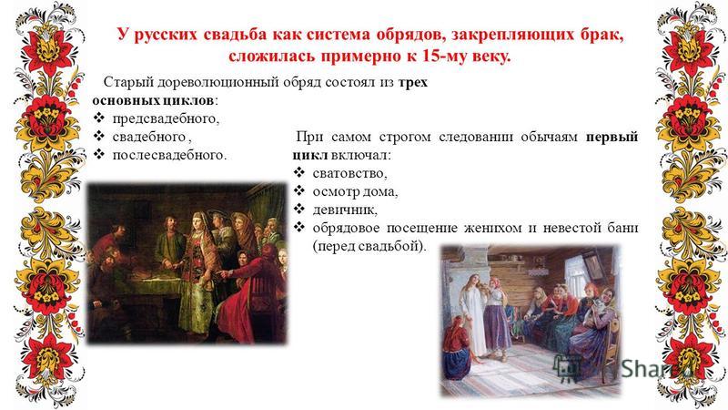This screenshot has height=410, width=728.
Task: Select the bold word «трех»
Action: [x=413, y=83]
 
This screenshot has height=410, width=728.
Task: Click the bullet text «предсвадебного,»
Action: [x=166, y=119]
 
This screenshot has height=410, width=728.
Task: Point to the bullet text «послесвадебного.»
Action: [x=169, y=155]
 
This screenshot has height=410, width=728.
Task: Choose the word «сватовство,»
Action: [x=349, y=173]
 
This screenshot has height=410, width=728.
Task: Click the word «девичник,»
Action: [x=345, y=210]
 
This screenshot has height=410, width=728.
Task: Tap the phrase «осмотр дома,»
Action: [x=355, y=191]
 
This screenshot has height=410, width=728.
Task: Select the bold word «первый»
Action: [x=612, y=138]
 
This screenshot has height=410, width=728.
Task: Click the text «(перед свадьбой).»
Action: [x=369, y=246]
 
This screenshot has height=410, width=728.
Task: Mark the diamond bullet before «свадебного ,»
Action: [x=99, y=136]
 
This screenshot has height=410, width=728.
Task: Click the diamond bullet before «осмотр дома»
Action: [x=299, y=191]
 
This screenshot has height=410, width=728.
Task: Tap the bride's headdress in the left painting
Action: [x=200, y=218]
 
